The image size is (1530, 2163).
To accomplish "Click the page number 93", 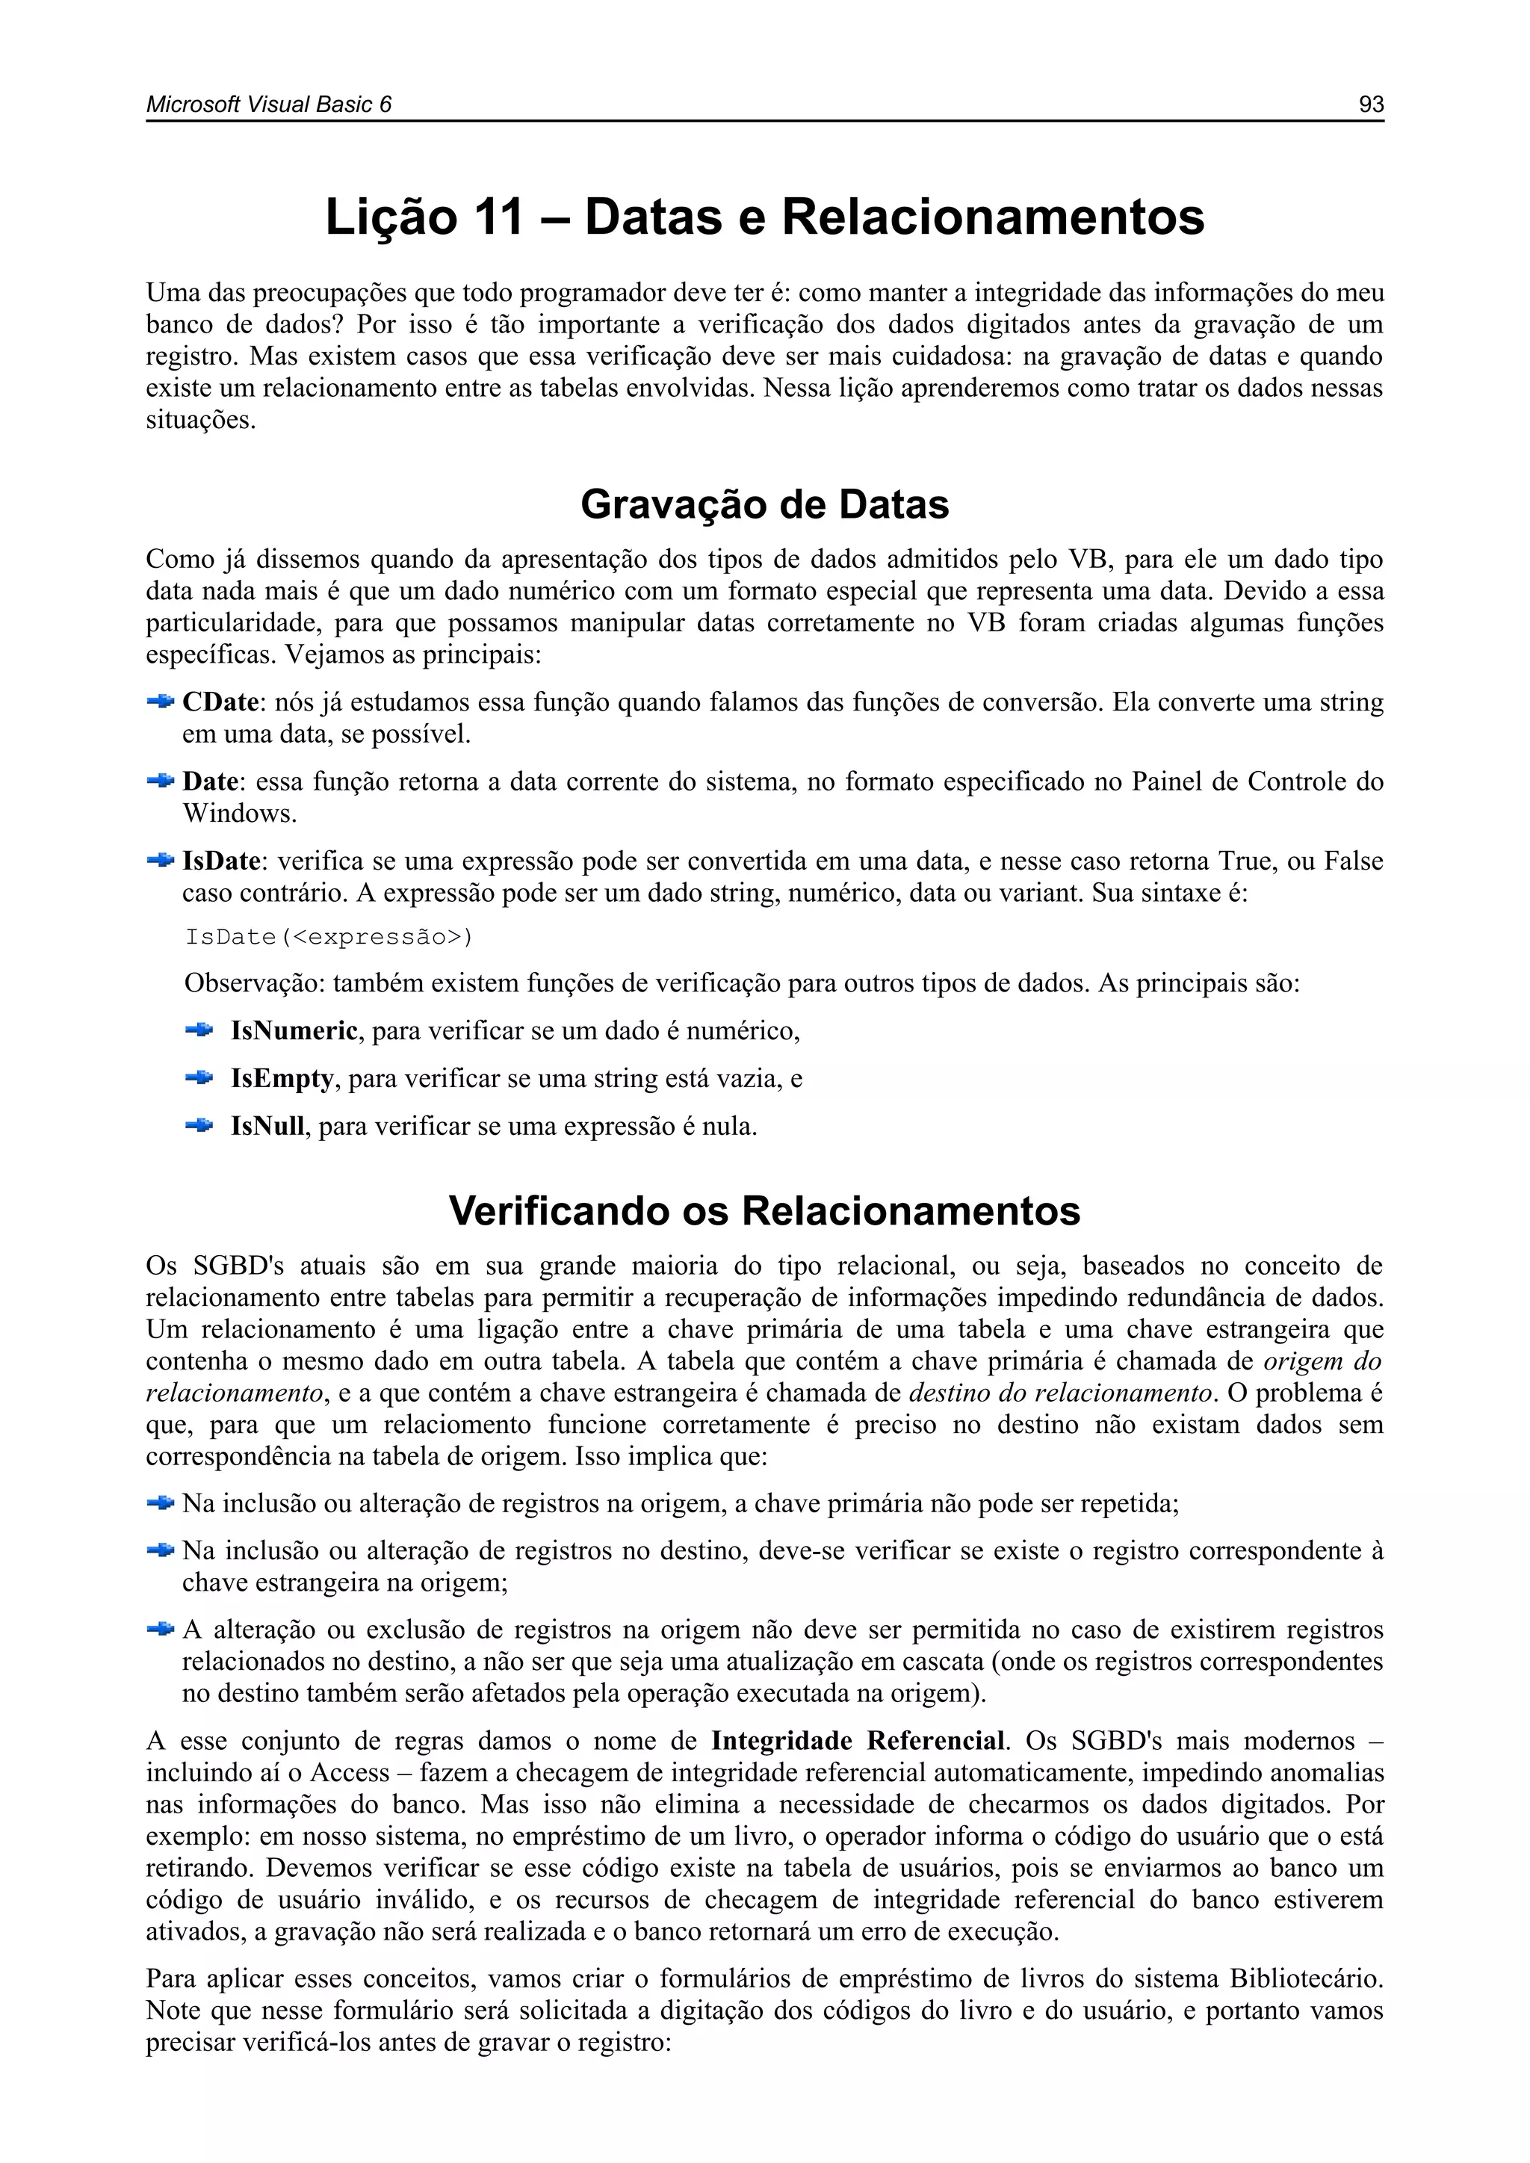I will pos(1371,105).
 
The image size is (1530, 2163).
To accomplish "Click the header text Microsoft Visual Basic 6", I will pos(268,105).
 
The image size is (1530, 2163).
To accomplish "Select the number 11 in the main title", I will pos(498,217).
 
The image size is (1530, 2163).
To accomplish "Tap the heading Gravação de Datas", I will pos(764,505).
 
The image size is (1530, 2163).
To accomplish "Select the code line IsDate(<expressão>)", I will pos(329,938).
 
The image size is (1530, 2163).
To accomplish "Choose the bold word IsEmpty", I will pos(282,1079).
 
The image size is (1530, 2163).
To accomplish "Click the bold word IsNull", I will pos(267,1127).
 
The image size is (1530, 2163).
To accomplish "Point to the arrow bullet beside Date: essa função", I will pos(161,781).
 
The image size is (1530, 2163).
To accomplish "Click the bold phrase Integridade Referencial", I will pos(858,1740).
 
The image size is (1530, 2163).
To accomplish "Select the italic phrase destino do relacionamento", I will pos(1060,1393).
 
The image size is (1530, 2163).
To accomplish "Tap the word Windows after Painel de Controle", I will pos(239,814).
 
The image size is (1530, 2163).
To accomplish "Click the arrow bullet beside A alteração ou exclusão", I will pos(161,1629).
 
